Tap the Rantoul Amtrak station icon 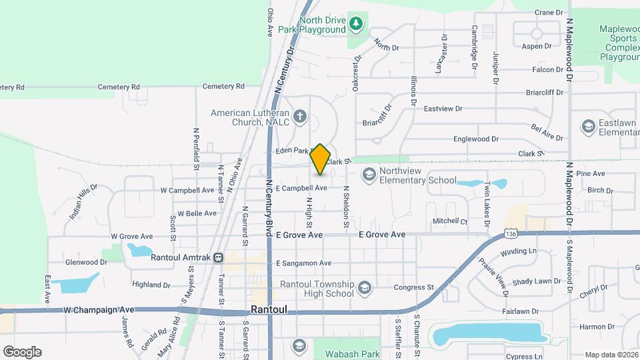[219, 258]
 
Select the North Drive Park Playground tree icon [357, 24]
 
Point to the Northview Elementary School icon [367, 175]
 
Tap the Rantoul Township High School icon [364, 288]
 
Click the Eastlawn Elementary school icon [588, 126]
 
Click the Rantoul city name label [269, 310]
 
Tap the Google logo [22, 352]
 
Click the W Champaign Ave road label [99, 310]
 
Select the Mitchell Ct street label [450, 221]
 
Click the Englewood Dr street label [476, 139]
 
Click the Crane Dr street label [549, 12]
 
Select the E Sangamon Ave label [303, 263]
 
